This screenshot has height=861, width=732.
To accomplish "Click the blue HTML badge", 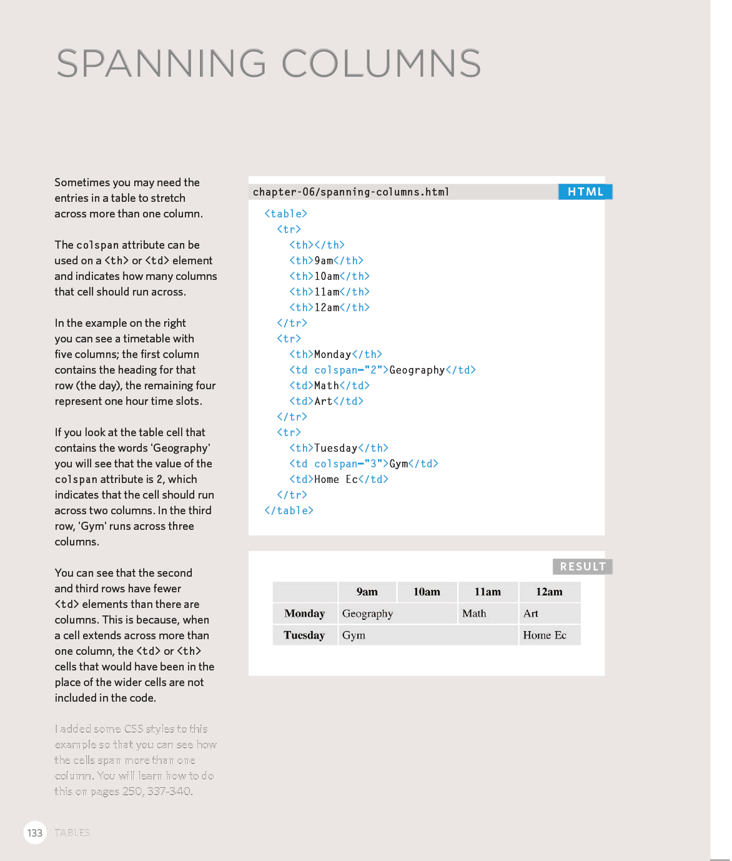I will pyautogui.click(x=585, y=192).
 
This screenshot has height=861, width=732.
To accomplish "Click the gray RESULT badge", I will pyautogui.click(x=582, y=567).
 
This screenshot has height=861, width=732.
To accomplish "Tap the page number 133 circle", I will pyautogui.click(x=35, y=833).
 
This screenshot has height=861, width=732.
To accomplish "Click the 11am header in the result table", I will pyautogui.click(x=487, y=592).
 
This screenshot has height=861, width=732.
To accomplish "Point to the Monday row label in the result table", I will pyautogui.click(x=305, y=614).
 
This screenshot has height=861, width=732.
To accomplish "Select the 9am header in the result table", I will pyautogui.click(x=367, y=592).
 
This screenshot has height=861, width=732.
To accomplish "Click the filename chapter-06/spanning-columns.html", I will pyautogui.click(x=351, y=192).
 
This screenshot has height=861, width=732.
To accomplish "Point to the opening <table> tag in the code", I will pyautogui.click(x=285, y=214).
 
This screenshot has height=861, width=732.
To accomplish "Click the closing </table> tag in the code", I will pyautogui.click(x=289, y=510).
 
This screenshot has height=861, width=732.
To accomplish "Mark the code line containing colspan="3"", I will pyautogui.click(x=364, y=464).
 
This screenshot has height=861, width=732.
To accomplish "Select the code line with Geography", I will pyautogui.click(x=382, y=370).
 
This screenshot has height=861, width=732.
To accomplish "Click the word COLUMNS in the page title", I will pyautogui.click(x=381, y=64).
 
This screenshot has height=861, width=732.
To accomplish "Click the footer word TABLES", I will pyautogui.click(x=72, y=833).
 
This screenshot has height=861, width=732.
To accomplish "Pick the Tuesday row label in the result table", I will pyautogui.click(x=304, y=635).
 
